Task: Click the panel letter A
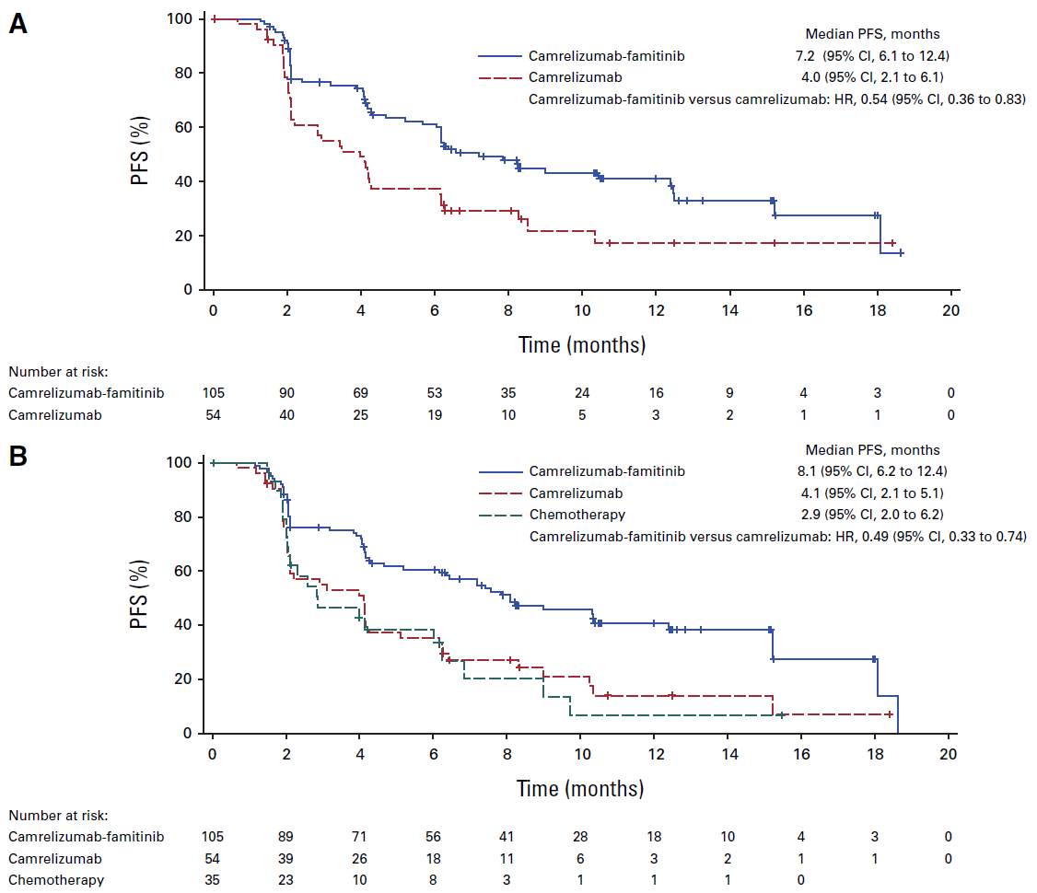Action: point(17,24)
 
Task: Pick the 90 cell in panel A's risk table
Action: point(286,393)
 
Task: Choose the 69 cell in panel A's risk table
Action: point(360,393)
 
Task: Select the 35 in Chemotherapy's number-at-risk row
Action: point(213,879)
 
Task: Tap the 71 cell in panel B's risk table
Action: point(360,837)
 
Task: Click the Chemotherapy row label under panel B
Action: point(56,879)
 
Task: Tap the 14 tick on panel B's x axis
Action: point(728,752)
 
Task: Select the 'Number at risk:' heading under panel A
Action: point(58,372)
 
